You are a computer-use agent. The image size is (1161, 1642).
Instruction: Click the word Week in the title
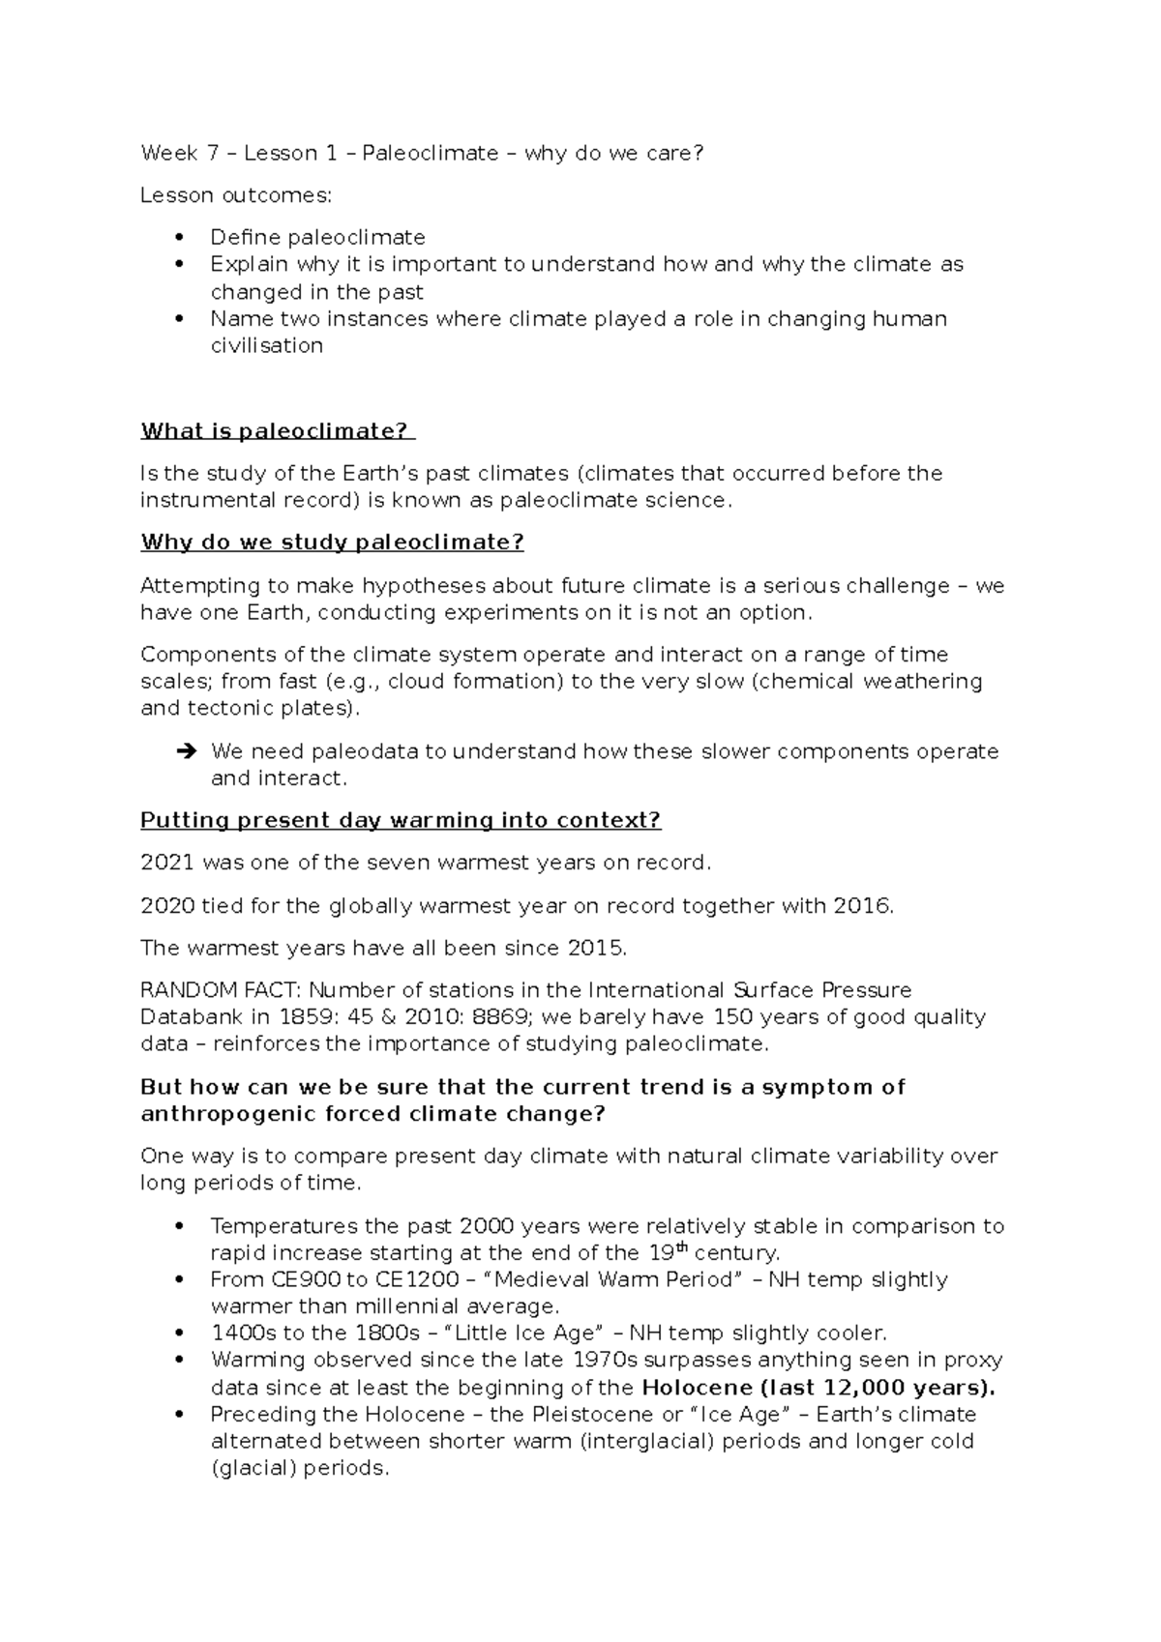point(168,153)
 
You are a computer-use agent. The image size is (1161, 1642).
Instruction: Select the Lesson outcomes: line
point(235,195)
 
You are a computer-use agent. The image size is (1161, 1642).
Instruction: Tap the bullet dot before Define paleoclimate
point(177,238)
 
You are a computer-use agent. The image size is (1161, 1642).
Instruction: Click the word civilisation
point(266,346)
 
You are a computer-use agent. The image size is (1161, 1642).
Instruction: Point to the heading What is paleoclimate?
point(276,431)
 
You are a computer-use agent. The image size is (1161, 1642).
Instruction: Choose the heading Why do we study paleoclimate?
point(332,542)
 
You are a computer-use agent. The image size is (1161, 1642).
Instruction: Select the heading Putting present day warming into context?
point(401,821)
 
